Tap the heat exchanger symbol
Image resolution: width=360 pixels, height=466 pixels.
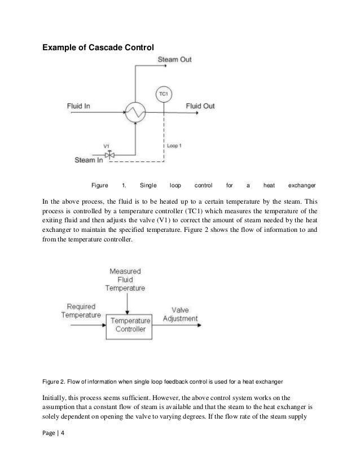click(x=135, y=112)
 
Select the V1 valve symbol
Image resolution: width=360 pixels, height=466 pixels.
click(x=111, y=153)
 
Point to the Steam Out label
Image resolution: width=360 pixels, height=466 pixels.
click(x=174, y=59)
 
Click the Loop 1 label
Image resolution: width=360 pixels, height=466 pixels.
click(x=175, y=145)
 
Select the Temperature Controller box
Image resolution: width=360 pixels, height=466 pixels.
click(x=128, y=325)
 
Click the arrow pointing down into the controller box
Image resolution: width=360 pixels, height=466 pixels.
click(x=128, y=302)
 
